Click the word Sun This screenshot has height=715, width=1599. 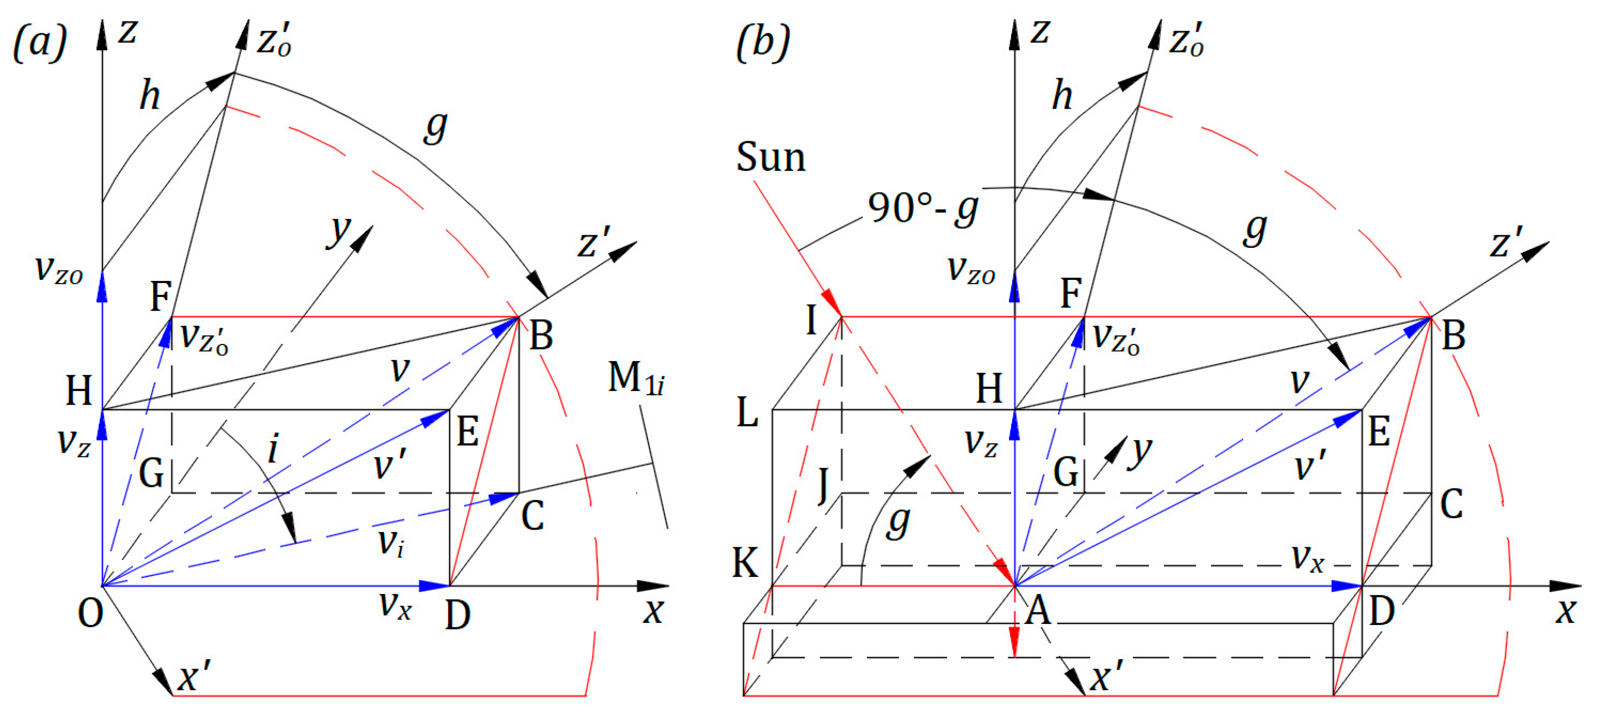pyautogui.click(x=771, y=158)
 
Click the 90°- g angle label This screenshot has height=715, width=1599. pyautogui.click(x=923, y=208)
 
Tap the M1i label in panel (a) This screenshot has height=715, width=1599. pyautogui.click(x=635, y=379)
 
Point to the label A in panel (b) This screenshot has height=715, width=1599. pyautogui.click(x=1038, y=612)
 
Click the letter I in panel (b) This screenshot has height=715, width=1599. pyautogui.click(x=811, y=321)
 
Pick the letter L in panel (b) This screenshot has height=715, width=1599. pyautogui.click(x=747, y=413)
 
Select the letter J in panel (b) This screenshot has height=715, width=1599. pyautogui.click(x=824, y=485)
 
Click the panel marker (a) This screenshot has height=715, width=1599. pyautogui.click(x=40, y=43)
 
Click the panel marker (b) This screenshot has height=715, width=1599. pyautogui.click(x=763, y=43)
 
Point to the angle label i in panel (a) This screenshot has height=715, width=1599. pyautogui.click(x=273, y=448)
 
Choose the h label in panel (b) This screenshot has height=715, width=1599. pyautogui.click(x=1062, y=96)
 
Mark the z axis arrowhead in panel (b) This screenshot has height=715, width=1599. pyautogui.click(x=1014, y=35)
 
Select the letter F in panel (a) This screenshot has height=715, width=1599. pyautogui.click(x=161, y=296)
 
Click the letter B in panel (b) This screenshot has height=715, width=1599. pyautogui.click(x=1454, y=336)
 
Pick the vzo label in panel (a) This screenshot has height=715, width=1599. pyautogui.click(x=59, y=270)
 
